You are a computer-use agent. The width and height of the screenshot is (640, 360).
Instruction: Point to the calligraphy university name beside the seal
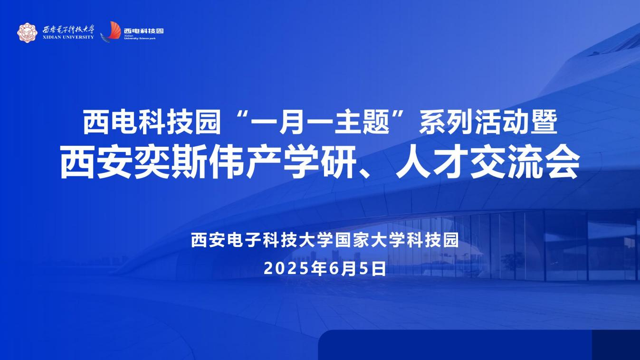click(68, 29)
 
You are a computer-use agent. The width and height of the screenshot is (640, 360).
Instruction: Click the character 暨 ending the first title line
click(543, 123)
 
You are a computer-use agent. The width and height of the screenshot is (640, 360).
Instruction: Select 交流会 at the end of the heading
click(525, 163)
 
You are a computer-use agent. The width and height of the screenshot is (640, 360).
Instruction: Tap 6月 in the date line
click(335, 269)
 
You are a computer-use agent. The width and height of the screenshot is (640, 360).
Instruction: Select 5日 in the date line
click(372, 269)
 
